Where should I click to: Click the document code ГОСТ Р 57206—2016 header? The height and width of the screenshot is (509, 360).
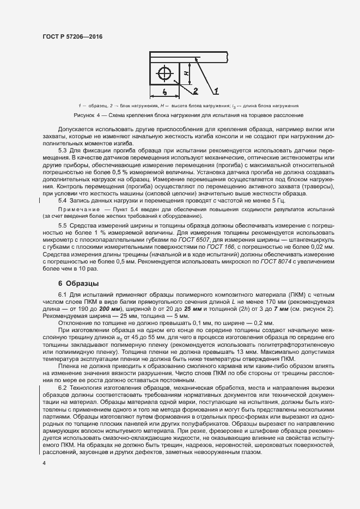pos(72,36)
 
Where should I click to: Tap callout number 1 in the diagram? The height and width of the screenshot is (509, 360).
pos(216,89)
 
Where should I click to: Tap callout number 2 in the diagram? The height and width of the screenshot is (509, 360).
pos(194,90)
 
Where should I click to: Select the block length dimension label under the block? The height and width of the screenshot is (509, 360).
pos(164,92)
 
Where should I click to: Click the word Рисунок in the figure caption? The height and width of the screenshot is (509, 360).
pos(86,115)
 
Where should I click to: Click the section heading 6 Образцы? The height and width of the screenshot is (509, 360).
pos(78,284)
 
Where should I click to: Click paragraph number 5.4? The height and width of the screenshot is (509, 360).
pos(63,201)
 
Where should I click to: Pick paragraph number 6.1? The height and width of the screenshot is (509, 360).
pos(63,295)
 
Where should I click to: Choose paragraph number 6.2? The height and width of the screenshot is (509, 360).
pos(63,387)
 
